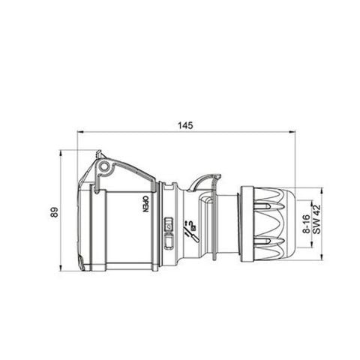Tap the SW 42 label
[x=316, y=222]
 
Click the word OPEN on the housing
[x=145, y=205]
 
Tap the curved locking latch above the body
[x=205, y=181]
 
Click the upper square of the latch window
[x=168, y=223]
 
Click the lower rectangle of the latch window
[x=168, y=241]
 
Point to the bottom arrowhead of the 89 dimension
[x=62, y=269]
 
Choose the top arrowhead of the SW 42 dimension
[x=325, y=189]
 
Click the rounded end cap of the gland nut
[x=289, y=222]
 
